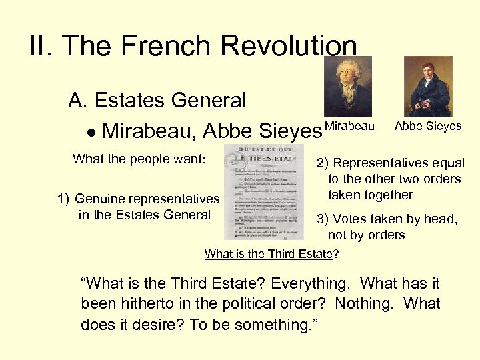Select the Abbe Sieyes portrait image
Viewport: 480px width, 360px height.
[428, 87]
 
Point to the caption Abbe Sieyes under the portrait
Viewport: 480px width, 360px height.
[428, 126]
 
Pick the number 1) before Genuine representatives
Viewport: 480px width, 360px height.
[63, 199]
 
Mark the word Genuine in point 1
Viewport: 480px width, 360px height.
[99, 199]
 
